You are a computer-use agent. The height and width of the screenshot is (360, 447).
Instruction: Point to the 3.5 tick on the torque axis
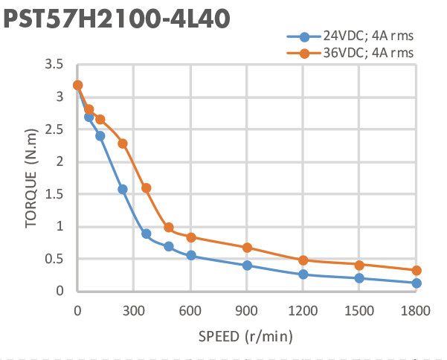pos(53,65)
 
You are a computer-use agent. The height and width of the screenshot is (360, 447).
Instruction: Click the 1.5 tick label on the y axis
pos(53,194)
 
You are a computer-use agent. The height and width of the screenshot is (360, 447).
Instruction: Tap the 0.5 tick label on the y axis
pos(53,259)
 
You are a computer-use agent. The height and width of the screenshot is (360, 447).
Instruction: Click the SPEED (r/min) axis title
pos(245,336)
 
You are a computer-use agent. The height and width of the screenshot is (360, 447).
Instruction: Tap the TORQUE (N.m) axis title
pos(30,178)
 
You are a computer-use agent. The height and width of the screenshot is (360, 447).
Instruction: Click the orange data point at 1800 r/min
pos(417,271)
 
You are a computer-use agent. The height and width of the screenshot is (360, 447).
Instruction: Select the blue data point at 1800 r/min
pos(417,283)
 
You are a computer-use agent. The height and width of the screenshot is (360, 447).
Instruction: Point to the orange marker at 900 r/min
pos(247,248)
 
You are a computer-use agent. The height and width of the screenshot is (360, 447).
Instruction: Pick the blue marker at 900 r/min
pos(247,266)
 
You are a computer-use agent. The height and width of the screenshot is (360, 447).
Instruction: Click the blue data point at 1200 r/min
pos(303,274)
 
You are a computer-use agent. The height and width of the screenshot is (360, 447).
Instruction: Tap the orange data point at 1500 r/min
pos(360,265)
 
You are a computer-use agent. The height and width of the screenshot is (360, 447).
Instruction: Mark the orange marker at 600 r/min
pos(191,237)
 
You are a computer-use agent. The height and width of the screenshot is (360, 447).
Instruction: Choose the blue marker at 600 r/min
pos(191,255)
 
